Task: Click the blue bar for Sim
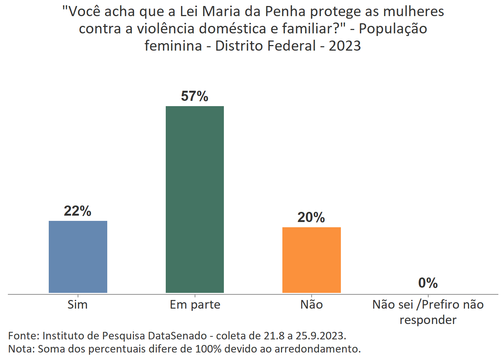pos(78,257)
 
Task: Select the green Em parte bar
pos(195,199)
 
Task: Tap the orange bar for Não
pos(311,260)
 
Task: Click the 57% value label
pos(195,96)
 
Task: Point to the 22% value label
pos(78,211)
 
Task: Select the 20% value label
pos(311,217)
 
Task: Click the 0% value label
pos(428,283)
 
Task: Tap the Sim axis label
pos(78,304)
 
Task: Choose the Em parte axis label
pos(195,304)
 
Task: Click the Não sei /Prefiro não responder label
pos(428,312)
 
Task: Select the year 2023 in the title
pos(345,46)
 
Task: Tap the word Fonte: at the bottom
pos(24,336)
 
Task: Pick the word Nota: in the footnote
pos(22,349)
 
